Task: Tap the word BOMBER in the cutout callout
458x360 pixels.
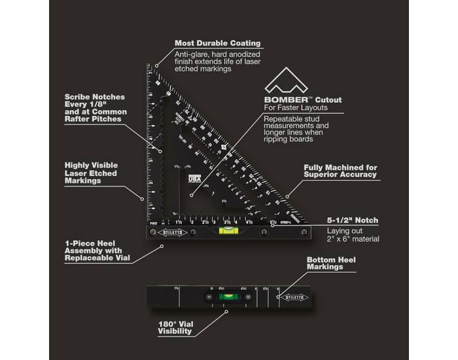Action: [283, 99]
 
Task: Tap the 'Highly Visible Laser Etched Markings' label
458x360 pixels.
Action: [91, 173]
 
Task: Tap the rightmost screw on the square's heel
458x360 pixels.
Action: [304, 232]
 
